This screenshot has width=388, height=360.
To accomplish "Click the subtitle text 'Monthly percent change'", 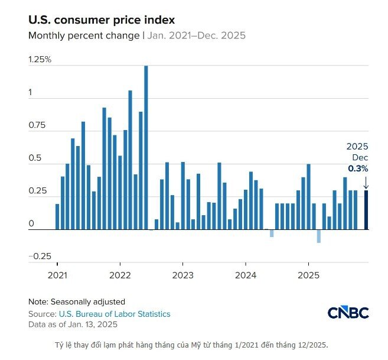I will coord(83,35).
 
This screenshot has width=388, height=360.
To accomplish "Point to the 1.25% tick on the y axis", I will coord(40,60).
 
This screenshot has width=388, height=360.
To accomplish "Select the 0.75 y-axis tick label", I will coord(37,125).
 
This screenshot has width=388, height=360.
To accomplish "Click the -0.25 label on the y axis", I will coord(39,256).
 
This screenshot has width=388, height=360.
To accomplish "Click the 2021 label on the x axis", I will coord(57,275).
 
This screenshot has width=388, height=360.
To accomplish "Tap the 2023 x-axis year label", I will coord(182,275).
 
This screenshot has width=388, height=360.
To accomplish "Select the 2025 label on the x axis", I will coord(308,275).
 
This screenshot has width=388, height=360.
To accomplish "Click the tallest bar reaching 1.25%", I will coord(146,148).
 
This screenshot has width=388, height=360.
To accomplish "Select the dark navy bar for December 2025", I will coord(366,209).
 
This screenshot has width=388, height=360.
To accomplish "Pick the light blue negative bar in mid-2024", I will coord(272,233).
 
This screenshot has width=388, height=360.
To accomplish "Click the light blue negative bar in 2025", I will coord(319,236).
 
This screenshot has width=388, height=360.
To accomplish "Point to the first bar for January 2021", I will coord(57,216).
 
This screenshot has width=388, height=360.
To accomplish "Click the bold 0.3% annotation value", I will coord(357,168).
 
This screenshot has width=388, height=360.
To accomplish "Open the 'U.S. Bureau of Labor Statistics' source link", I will coord(115,314).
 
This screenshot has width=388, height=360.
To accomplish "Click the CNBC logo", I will coord(348,312).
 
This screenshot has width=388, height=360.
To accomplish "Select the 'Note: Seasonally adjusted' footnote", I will coord(77,301).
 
